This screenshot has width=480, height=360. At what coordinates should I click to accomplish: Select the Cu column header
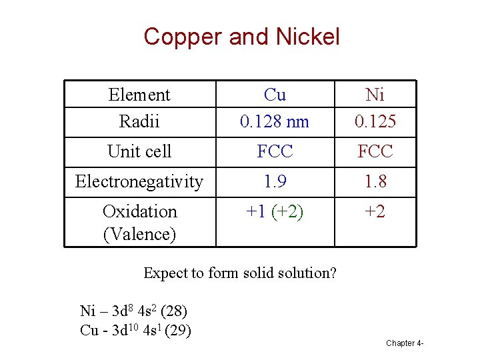click(x=275, y=95)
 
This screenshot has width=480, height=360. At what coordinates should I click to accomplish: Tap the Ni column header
click(x=375, y=95)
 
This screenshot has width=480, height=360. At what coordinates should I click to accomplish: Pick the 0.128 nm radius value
click(x=275, y=121)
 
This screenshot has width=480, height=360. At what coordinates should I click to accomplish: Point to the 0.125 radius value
click(x=375, y=121)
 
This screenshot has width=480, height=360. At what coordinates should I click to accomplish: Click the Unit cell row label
click(x=139, y=151)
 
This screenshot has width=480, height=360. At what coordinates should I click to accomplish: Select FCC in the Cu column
click(x=275, y=151)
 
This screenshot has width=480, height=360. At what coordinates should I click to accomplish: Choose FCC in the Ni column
click(x=375, y=151)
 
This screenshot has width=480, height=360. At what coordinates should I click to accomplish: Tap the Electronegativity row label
click(x=139, y=181)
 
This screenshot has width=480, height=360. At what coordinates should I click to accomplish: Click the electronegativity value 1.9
click(x=275, y=181)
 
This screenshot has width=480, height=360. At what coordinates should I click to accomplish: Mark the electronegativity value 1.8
click(x=375, y=181)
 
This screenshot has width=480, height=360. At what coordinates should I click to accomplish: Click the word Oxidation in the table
click(x=139, y=211)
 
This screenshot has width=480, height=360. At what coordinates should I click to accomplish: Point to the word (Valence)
click(x=139, y=234)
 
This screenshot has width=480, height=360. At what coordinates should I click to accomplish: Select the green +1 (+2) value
click(x=275, y=211)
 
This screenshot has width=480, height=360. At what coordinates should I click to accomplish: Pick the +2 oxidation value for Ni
click(x=375, y=211)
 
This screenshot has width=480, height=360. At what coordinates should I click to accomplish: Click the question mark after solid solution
click(x=333, y=273)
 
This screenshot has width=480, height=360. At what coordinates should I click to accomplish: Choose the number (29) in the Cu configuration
click(x=178, y=329)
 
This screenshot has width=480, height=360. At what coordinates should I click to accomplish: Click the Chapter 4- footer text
click(x=405, y=343)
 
